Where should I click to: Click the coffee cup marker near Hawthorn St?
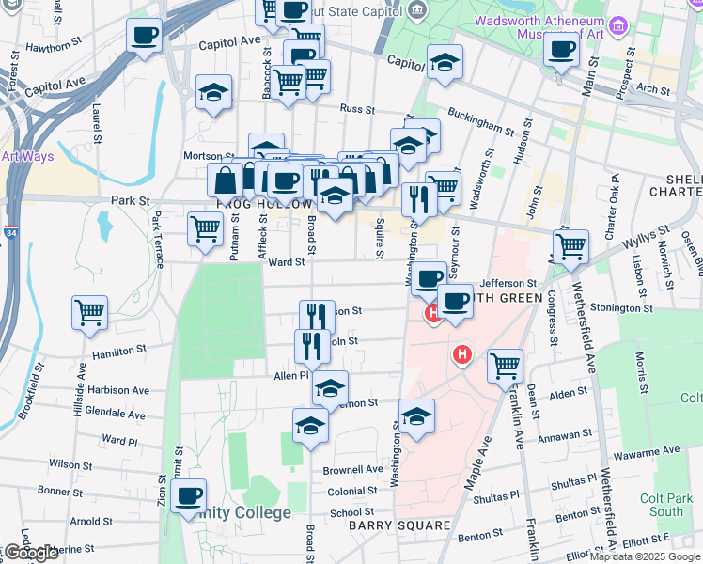(x=145, y=37)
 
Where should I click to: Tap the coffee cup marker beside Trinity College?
(x=188, y=493)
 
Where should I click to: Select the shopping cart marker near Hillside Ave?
(x=89, y=311)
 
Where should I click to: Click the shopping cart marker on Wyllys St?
(x=570, y=246)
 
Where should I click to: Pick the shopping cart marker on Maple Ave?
(x=506, y=364)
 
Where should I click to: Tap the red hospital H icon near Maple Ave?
(x=461, y=355)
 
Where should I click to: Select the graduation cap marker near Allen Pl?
(x=330, y=386)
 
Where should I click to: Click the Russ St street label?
(x=357, y=109)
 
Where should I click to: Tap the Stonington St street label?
(x=621, y=307)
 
